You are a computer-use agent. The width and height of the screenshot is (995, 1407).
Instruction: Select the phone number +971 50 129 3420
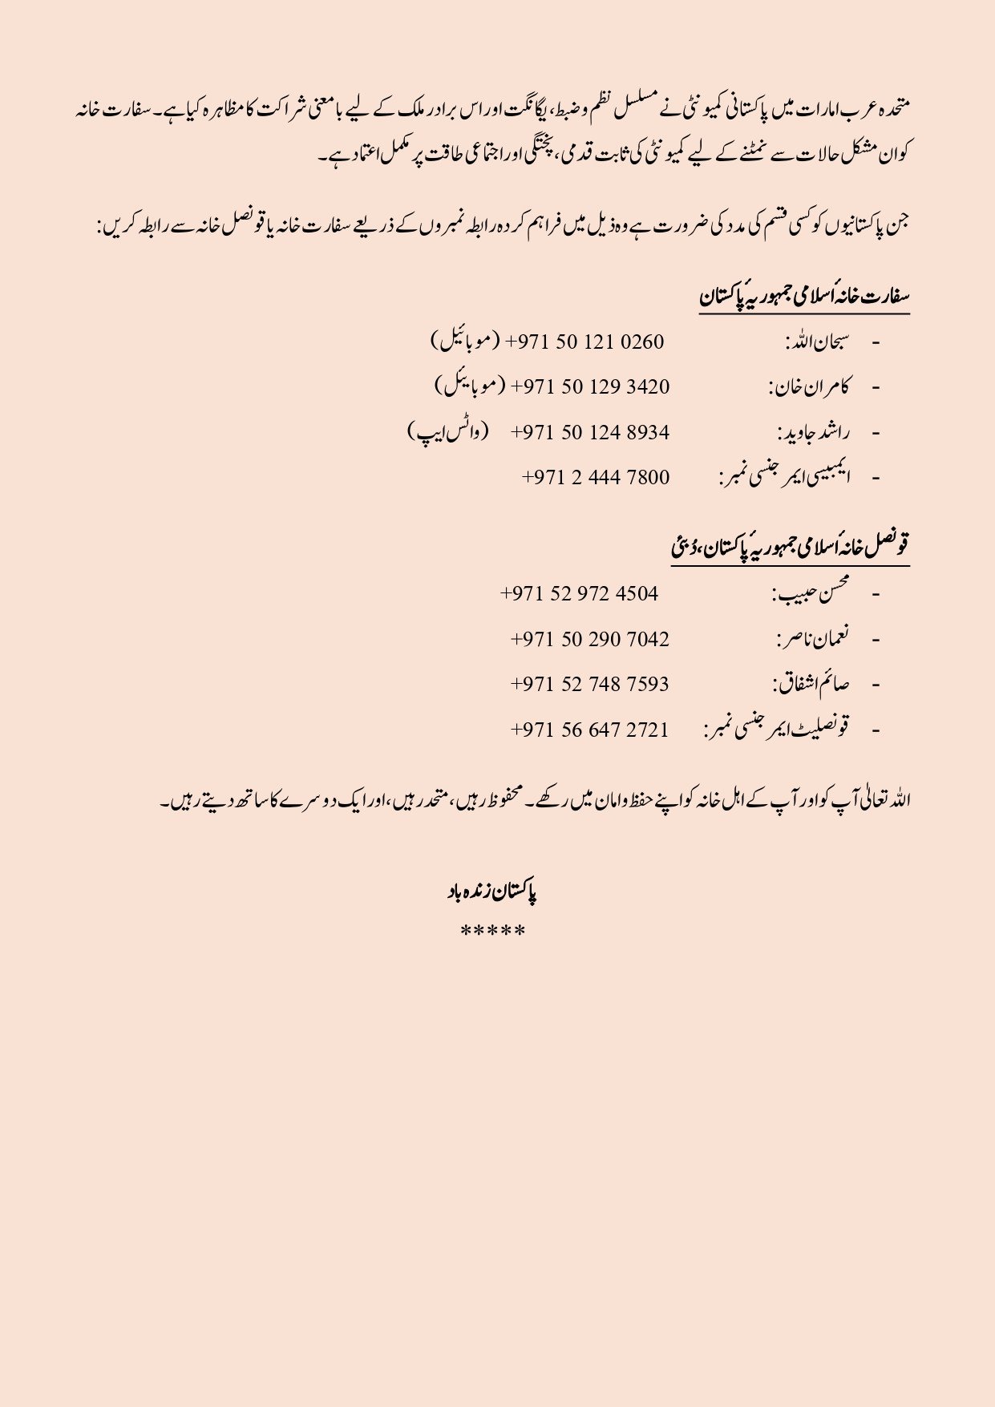[x=591, y=387]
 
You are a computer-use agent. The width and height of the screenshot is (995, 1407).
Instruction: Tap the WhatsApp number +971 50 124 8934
[x=590, y=433]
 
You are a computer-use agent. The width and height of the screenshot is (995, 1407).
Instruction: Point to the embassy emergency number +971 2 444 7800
[x=596, y=478]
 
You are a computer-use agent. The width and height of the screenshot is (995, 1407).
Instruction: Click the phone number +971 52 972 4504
[x=580, y=594]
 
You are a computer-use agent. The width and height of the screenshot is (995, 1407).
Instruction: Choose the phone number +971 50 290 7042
[x=590, y=640]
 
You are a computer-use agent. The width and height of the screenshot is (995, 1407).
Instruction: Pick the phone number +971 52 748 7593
[x=590, y=685]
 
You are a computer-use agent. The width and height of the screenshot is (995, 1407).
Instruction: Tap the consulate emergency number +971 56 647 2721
[x=590, y=730]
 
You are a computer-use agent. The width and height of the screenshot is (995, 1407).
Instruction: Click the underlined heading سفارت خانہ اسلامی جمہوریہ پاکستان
[x=804, y=297]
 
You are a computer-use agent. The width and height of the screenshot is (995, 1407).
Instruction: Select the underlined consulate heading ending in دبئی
[x=791, y=548]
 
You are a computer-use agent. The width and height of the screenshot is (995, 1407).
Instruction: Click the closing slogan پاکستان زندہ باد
[x=492, y=892]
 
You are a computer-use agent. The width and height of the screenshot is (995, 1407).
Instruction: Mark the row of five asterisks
[x=493, y=932]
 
